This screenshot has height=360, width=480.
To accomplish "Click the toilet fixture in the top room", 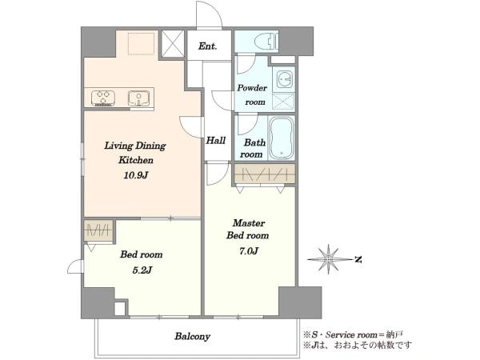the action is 267,41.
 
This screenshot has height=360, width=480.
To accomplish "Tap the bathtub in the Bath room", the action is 282,138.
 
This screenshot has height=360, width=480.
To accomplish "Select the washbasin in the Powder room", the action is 284,79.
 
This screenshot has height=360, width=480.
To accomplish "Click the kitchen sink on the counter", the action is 139,98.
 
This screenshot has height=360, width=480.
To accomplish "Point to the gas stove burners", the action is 103,98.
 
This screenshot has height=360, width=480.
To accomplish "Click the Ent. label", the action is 207,46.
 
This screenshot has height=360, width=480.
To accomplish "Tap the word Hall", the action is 216,141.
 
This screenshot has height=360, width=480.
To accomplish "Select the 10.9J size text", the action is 136,175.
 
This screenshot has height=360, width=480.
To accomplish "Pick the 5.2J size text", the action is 142,270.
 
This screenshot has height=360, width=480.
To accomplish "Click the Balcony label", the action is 192,337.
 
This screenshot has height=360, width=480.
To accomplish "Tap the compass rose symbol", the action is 329,259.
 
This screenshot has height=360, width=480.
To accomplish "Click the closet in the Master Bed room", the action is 265,174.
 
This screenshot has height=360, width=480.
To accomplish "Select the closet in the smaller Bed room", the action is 98,230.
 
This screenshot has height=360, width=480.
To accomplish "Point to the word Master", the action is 249,223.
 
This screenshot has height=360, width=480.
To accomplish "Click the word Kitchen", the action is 136,160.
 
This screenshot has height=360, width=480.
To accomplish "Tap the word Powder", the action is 252,88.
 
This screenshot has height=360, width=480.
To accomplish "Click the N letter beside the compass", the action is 358,260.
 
